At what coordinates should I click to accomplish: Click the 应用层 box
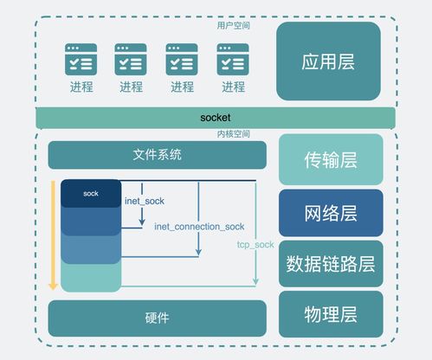328,61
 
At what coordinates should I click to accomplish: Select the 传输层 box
330,159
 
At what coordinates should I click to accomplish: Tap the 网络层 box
330,212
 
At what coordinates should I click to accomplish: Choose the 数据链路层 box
330,264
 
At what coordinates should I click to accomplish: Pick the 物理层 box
330,313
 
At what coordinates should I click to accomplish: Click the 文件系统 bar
157,156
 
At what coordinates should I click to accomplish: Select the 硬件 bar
157,318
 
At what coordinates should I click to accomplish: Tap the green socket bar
216,117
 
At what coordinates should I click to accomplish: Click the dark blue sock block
91,194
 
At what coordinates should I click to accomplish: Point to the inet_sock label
145,201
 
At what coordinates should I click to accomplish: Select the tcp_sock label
255,245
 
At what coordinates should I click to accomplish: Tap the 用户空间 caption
233,26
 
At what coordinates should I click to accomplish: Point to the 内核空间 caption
233,134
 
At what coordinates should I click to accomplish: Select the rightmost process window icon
233,60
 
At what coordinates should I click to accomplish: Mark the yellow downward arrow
53,234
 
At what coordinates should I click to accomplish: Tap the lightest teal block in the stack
91,277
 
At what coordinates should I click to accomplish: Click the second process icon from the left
132,60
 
